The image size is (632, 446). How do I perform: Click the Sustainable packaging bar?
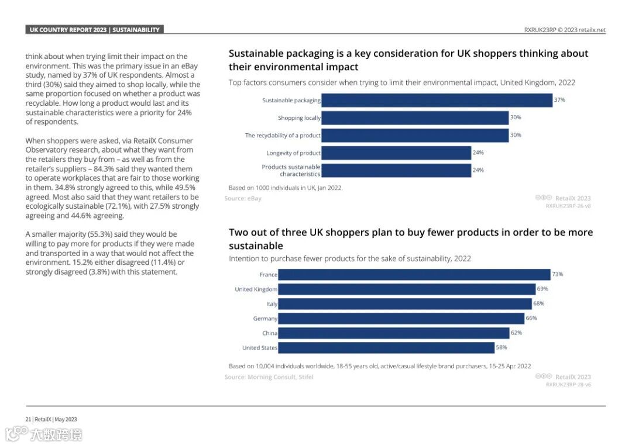click(x=437, y=100)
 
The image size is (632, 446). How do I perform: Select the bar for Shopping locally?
click(x=415, y=117)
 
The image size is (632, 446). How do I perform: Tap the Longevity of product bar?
click(x=396, y=153)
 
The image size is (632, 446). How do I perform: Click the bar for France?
click(x=414, y=274)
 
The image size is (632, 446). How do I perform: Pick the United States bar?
click(x=386, y=348)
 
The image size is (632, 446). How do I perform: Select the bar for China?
click(x=393, y=333)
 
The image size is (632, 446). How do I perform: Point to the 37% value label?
click(x=559, y=100)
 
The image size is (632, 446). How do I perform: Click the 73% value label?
click(x=557, y=274)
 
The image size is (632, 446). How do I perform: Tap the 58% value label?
click(x=502, y=347)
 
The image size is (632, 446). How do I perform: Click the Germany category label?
click(x=265, y=319)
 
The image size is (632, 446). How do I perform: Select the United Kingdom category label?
click(x=256, y=289)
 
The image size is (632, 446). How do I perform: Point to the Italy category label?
click(x=272, y=304)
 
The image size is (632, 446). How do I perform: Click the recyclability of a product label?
click(x=283, y=136)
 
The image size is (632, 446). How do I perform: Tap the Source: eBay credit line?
click(x=243, y=199)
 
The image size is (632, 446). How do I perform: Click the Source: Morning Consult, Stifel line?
click(x=269, y=377)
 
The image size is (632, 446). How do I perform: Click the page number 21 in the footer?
click(x=28, y=419)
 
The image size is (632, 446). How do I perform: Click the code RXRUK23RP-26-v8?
click(x=568, y=206)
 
